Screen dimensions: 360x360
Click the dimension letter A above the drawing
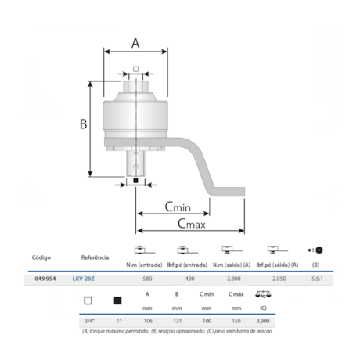tap(135, 43)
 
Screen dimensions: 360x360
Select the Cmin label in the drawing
tap(178, 207)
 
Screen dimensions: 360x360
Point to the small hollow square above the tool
tap(135, 70)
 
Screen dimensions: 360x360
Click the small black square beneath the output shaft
tap(135, 182)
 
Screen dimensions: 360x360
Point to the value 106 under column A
tap(147, 321)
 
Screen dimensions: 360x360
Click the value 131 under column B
tap(178, 321)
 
